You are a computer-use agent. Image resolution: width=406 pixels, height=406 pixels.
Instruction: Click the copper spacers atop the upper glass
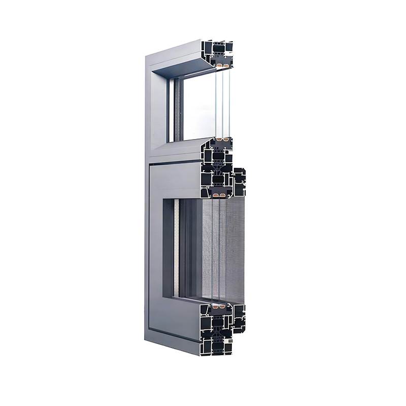click(221, 65)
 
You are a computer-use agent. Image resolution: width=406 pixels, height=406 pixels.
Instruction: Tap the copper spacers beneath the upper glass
click(222, 138)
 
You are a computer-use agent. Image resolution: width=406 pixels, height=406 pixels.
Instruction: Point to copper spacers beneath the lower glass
click(219, 308)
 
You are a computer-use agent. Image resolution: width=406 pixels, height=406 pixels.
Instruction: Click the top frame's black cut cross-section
click(216, 53)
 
